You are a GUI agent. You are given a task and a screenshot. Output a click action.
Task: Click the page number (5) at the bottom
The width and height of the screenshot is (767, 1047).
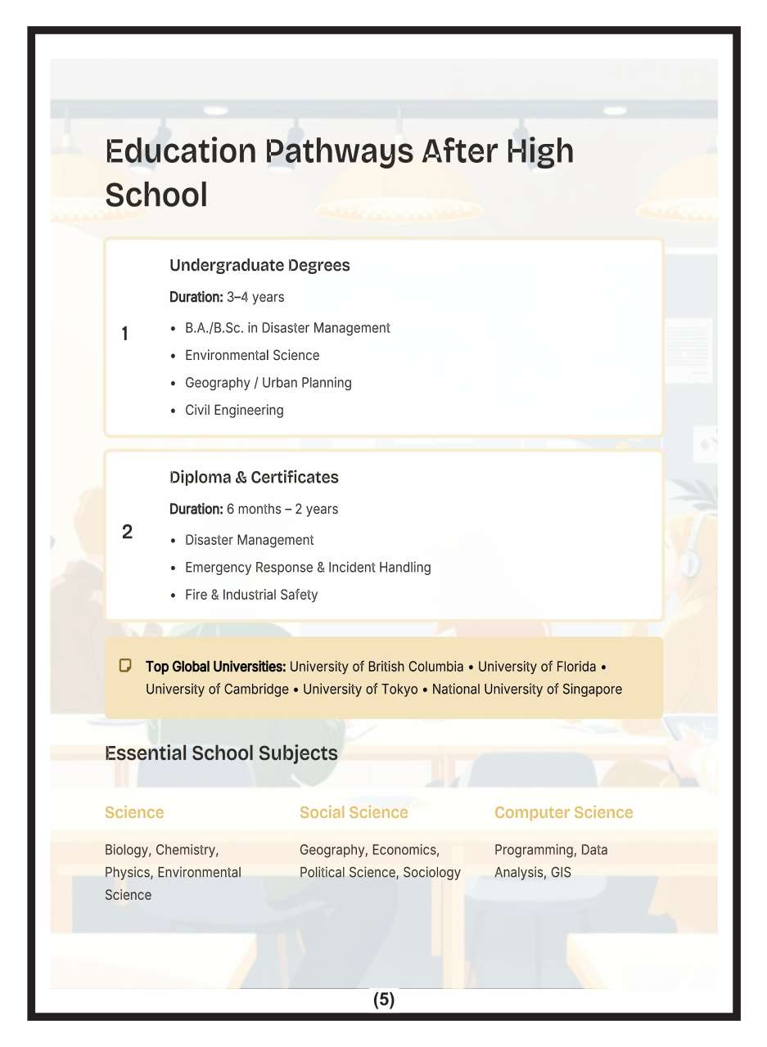coord(383,1000)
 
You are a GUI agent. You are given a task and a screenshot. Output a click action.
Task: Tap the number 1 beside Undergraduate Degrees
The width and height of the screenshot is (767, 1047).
coord(125,334)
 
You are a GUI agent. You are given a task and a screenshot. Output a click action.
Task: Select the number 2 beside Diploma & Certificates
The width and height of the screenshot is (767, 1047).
coord(127,532)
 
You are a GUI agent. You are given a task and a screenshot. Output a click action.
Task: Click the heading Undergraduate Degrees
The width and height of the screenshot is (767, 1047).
coord(259,265)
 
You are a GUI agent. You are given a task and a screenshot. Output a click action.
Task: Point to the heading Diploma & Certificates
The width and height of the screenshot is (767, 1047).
coord(254,477)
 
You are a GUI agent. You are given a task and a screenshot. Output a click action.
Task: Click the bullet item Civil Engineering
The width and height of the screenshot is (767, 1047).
coord(234,410)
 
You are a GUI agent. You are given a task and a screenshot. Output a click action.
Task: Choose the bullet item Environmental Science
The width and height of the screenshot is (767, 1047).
coord(252,355)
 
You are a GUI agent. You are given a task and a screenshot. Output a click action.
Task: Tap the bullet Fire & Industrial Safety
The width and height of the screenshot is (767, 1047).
coord(250,595)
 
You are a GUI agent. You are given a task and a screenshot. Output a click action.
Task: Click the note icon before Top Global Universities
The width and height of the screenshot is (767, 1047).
coord(125,665)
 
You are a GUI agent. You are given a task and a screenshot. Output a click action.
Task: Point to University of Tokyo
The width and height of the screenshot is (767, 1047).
coord(360,689)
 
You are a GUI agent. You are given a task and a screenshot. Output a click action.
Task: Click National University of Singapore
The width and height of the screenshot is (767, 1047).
coord(526,689)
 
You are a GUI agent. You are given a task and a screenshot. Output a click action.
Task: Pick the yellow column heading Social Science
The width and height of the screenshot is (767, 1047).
coord(354,812)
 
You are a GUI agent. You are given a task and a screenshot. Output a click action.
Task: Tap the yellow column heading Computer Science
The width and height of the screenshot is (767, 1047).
coord(563,812)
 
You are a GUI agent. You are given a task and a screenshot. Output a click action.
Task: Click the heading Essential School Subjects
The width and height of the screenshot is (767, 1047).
coord(221,753)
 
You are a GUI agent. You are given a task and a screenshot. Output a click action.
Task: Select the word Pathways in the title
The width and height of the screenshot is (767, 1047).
coord(336,151)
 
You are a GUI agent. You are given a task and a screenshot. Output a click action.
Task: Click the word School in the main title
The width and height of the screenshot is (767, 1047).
coord(156,195)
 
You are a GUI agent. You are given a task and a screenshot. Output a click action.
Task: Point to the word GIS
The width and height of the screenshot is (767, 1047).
coord(561,872)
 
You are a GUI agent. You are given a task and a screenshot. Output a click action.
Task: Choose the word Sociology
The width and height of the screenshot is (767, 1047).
coord(431,872)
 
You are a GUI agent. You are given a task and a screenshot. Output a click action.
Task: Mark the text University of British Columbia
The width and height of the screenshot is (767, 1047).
coord(377,667)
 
